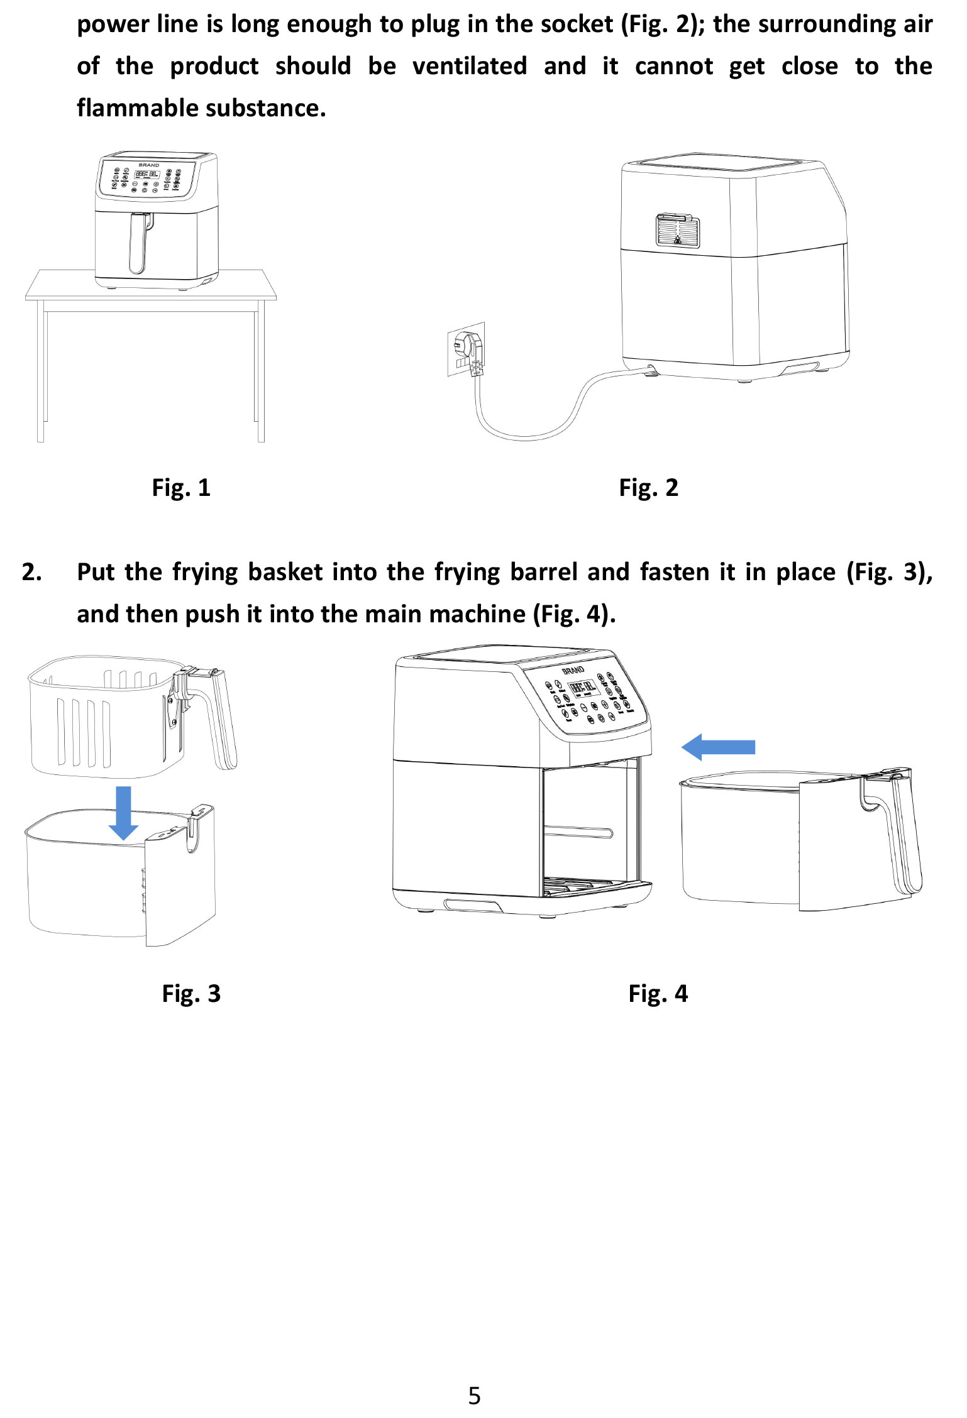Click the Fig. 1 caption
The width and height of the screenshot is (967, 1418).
point(181,488)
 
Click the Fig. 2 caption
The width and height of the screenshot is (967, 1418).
point(648,488)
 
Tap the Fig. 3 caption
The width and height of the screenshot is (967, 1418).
point(191,993)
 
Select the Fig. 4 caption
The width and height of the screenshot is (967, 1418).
point(658,993)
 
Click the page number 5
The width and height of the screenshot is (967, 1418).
point(475,1395)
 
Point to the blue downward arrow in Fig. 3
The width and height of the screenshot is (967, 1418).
point(124,812)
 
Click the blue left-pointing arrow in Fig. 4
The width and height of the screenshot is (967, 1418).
point(717,747)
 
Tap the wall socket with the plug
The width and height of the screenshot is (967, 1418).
point(467,349)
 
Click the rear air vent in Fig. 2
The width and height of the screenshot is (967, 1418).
point(678,230)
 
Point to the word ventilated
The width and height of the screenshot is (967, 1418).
point(470,66)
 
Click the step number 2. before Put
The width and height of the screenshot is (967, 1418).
point(32,572)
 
